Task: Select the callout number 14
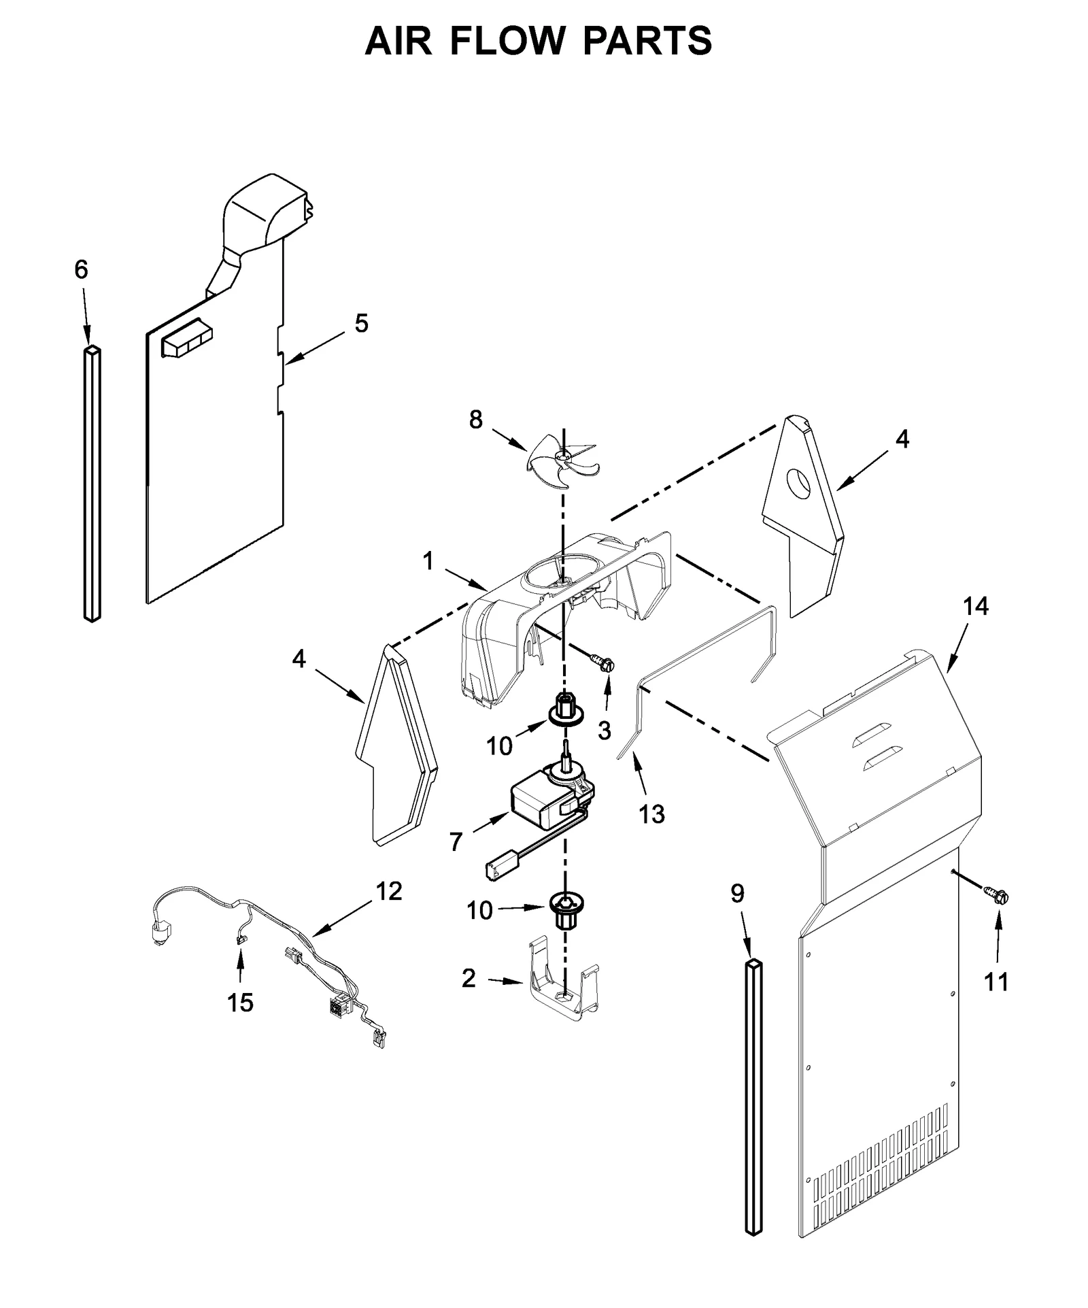pos(975,606)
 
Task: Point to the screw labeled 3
pos(602,660)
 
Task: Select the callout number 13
pos(651,814)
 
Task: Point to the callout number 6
pos(81,270)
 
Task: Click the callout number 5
pos(361,324)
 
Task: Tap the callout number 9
pos(738,893)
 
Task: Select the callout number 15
pos(240,1002)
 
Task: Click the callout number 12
pos(389,891)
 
